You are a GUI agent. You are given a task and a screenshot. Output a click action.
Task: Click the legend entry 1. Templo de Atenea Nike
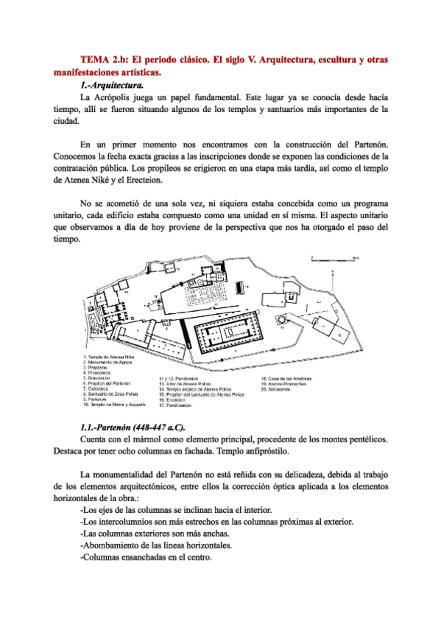point(111,357)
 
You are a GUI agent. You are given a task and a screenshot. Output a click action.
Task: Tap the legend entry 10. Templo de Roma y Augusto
point(116,405)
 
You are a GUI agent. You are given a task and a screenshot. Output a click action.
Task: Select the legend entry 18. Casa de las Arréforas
point(289,378)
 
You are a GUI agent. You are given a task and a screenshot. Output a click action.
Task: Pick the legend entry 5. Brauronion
point(100,378)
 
